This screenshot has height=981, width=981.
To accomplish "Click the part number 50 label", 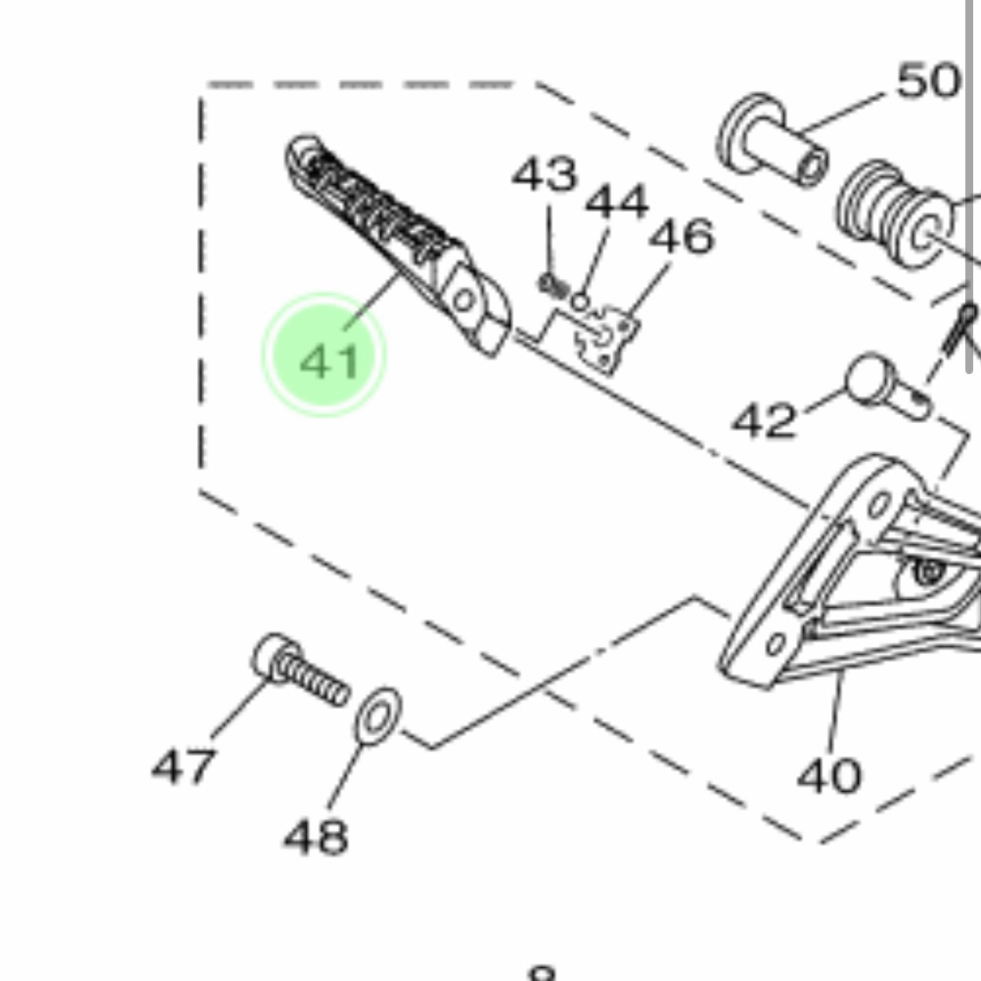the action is click(929, 81).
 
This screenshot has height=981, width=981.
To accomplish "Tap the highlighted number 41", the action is click(330, 362).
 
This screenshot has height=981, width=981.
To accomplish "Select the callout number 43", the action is click(545, 174).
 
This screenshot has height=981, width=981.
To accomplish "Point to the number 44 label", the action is click(617, 201).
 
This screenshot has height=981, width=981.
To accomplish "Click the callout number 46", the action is click(682, 235).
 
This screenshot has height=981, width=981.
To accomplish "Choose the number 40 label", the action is click(829, 775).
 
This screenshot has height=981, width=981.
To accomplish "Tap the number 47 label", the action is click(184, 766).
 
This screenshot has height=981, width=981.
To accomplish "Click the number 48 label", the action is click(316, 836).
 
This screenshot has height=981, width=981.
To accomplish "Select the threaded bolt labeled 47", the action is click(301, 670).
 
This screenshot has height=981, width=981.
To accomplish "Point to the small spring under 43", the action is click(554, 286).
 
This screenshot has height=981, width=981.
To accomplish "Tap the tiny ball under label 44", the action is click(581, 303).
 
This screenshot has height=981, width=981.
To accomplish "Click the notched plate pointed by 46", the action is click(606, 340).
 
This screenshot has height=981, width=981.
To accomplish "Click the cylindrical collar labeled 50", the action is click(773, 140).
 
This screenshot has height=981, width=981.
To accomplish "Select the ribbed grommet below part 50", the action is click(896, 214).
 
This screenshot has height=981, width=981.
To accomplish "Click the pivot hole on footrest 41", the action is click(464, 301).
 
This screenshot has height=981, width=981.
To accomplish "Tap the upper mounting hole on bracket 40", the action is click(879, 504).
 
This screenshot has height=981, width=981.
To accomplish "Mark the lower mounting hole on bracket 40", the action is click(776, 644).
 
